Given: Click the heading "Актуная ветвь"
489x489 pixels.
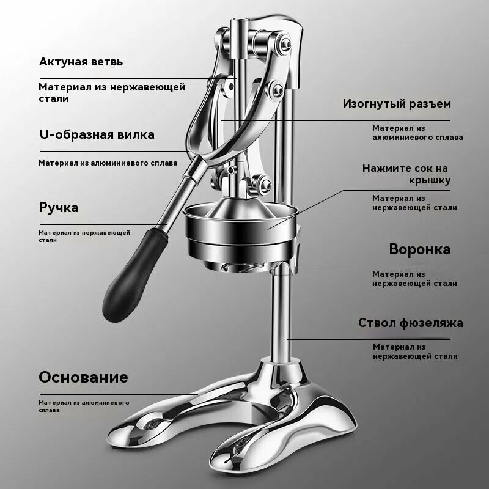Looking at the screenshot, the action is coord(81,62).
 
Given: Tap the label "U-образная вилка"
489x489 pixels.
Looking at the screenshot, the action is coord(97,134).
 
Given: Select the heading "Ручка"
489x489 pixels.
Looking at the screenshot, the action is coord(59,207).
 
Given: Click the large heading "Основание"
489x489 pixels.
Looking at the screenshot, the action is coord(83,377).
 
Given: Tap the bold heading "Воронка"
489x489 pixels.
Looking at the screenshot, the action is coord(419,249).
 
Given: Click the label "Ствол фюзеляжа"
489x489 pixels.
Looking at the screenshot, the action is coord(410,323).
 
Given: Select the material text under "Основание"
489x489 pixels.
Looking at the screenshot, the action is coord(84,406).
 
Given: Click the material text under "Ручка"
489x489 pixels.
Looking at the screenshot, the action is coord(84,236).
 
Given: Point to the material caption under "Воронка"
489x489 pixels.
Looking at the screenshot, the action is coord(414,279).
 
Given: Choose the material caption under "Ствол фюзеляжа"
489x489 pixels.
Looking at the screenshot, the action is coord(415,351).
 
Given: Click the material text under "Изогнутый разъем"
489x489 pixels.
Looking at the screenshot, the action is coord(417,133).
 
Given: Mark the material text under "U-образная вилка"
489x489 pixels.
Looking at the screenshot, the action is coord(108,163).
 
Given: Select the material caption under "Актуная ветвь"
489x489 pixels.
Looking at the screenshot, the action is coord(112,92).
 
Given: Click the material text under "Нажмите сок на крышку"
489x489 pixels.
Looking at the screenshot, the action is coord(414,203).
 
